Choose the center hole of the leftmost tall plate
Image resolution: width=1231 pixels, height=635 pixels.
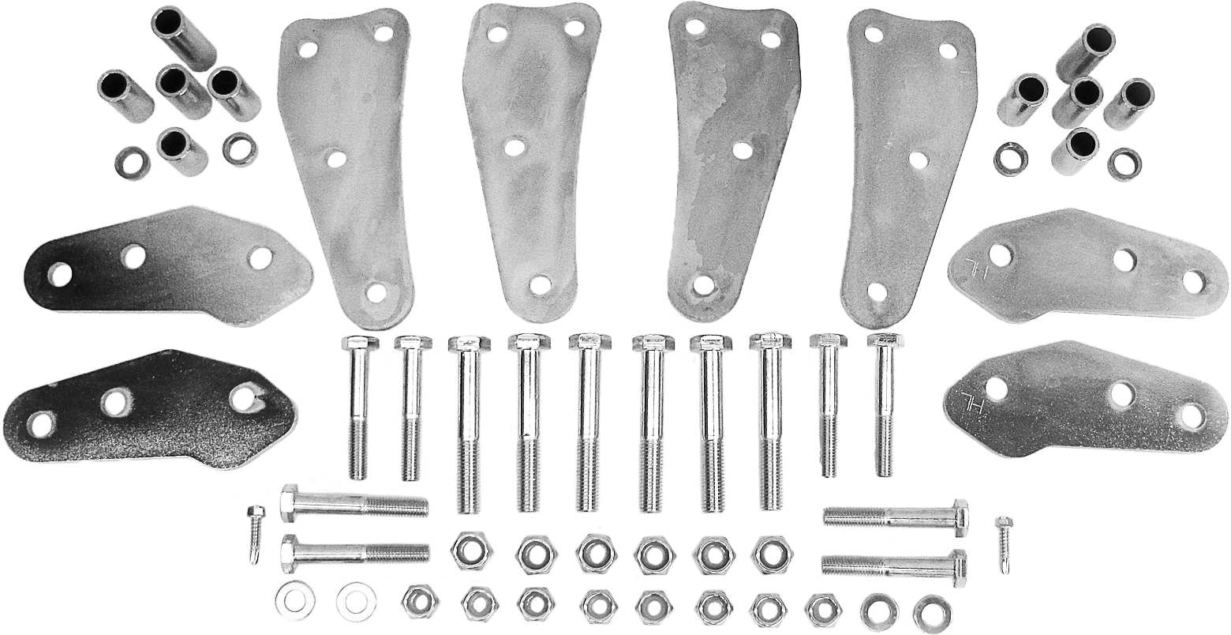pos(335,155)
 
